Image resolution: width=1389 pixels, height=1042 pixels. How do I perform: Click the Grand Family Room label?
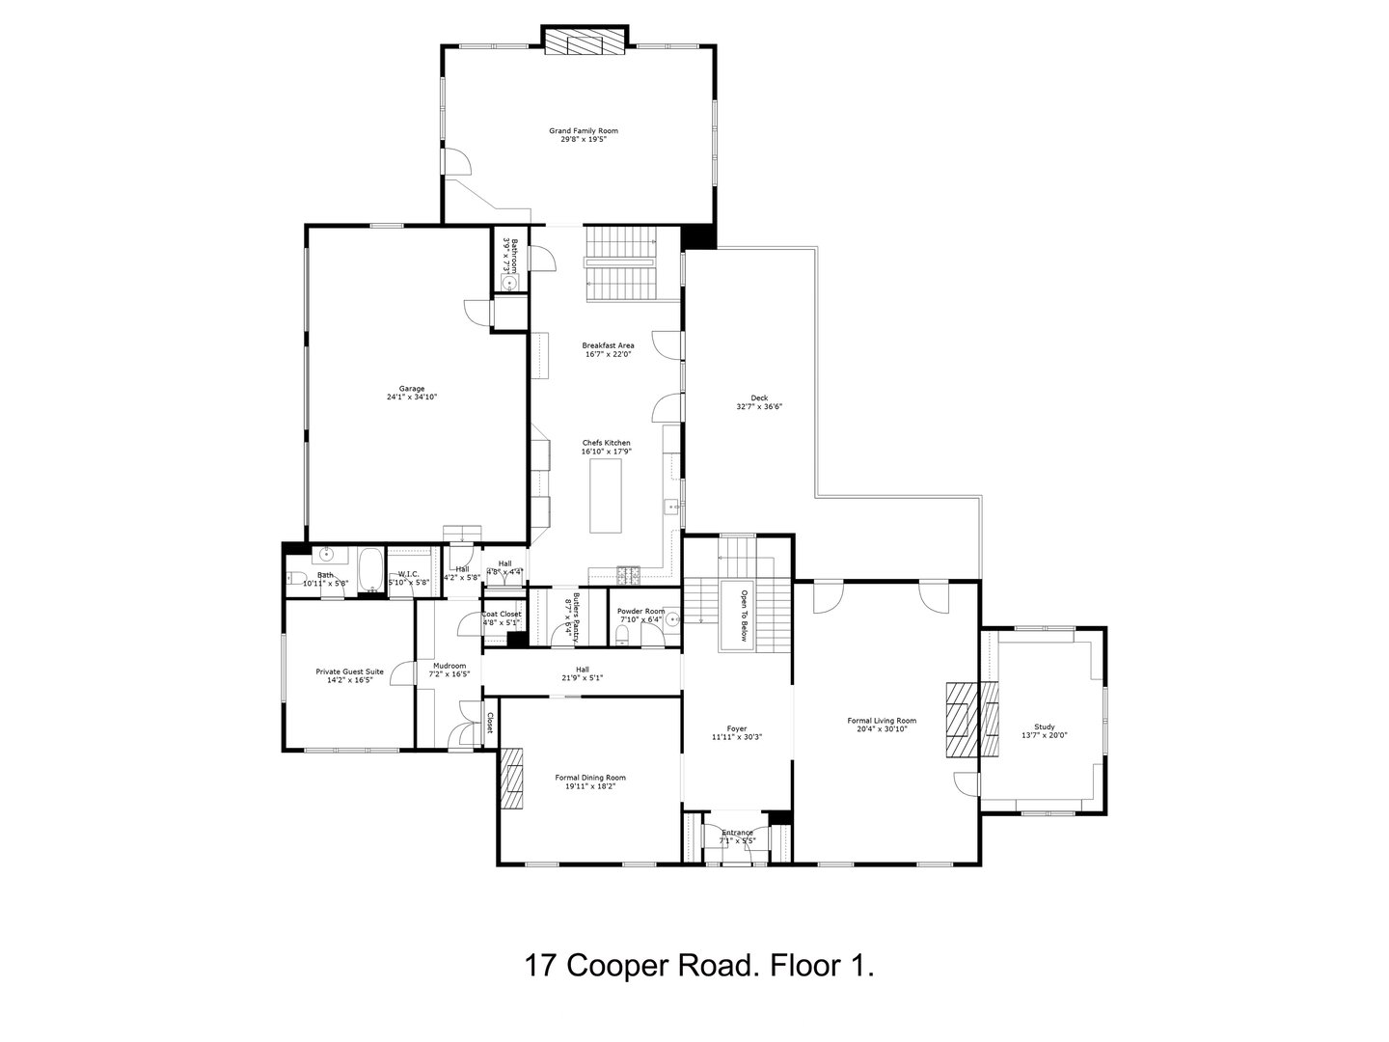click(x=583, y=130)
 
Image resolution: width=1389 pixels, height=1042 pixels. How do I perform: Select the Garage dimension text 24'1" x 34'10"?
click(x=412, y=397)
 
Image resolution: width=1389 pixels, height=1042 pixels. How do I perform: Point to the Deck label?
click(x=758, y=398)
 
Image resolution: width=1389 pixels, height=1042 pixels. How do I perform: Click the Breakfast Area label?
click(x=608, y=345)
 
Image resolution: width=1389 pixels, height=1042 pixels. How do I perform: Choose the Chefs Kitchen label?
click(x=606, y=443)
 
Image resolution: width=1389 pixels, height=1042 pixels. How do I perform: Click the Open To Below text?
click(x=744, y=616)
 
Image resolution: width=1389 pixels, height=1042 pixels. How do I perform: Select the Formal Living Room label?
click(x=881, y=721)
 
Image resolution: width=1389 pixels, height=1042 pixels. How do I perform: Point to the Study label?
click(x=1044, y=727)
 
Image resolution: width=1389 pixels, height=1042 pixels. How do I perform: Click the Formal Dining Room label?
click(x=590, y=778)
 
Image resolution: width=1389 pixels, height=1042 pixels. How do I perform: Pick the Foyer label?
click(x=737, y=728)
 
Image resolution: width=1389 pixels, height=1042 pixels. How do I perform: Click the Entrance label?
click(x=738, y=833)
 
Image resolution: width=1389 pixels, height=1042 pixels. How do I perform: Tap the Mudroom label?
click(x=449, y=666)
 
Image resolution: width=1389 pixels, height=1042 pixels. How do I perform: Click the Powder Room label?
click(x=641, y=611)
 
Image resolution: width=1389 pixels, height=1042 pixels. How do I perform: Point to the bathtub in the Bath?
click(x=369, y=571)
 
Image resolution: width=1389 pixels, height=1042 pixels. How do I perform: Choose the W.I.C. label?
click(x=408, y=575)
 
